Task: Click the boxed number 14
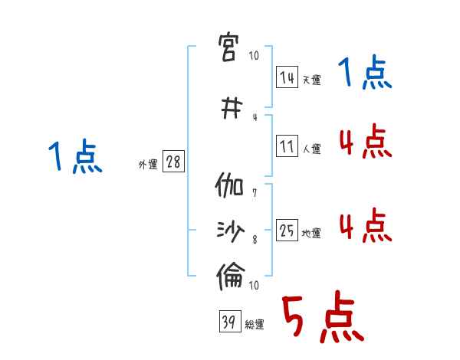(x=287, y=78)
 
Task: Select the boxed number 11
(x=287, y=146)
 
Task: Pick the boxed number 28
(x=173, y=162)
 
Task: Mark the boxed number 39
(x=229, y=322)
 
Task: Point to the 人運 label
(x=311, y=149)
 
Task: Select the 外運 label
(x=147, y=165)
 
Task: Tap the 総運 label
(x=255, y=325)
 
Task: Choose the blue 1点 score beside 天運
(x=365, y=74)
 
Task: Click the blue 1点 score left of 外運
(x=75, y=158)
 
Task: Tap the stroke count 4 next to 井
(x=255, y=117)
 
